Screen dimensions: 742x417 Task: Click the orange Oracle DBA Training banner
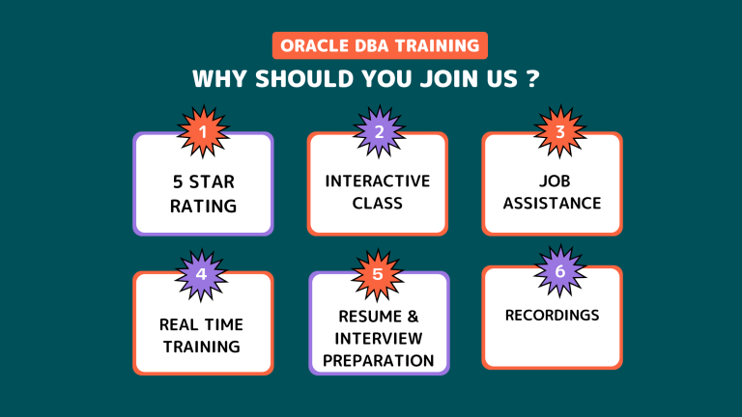[380, 45]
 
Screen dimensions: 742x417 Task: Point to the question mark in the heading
[533, 78]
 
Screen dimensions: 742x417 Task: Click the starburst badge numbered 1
[204, 131]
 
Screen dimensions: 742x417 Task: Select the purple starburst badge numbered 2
[379, 131]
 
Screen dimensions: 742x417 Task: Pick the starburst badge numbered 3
[560, 131]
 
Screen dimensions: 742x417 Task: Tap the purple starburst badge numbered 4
[201, 275]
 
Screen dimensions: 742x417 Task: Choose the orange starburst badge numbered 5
[377, 275]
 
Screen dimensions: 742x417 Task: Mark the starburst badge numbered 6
[560, 271]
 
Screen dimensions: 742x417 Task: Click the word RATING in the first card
[204, 207]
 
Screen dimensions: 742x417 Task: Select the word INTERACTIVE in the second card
[377, 181]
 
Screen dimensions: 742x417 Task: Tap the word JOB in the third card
[555, 181]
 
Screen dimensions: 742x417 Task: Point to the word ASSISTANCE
[552, 204]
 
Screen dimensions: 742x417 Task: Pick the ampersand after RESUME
[413, 317]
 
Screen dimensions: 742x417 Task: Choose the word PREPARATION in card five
[378, 361]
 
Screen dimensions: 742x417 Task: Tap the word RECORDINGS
[552, 316]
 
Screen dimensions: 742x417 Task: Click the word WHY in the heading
[219, 78]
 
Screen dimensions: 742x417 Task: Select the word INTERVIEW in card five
[378, 339]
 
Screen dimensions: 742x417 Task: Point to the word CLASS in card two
[377, 204]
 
